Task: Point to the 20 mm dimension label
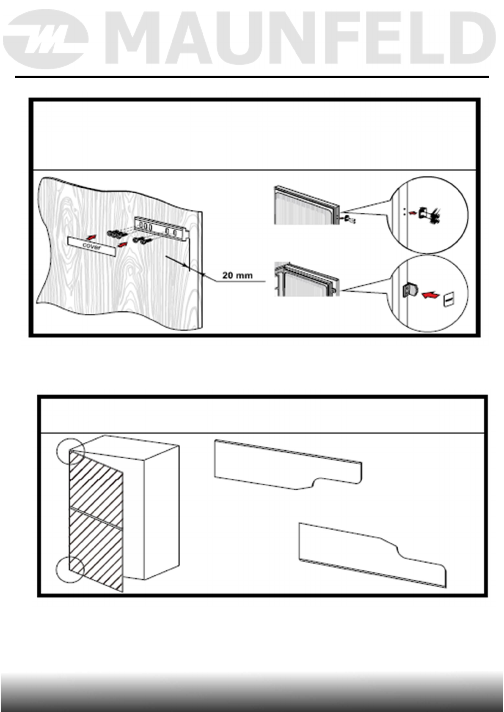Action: (x=238, y=275)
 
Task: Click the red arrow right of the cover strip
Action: (x=121, y=244)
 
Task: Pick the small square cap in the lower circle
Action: (x=449, y=301)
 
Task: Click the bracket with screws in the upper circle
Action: (x=427, y=214)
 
